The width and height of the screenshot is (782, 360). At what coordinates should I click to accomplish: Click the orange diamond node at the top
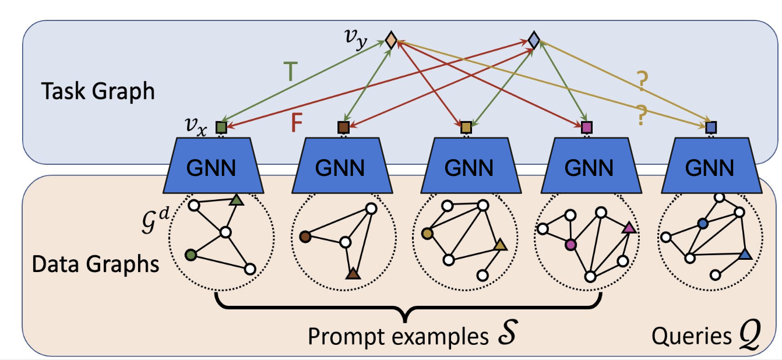click(391, 40)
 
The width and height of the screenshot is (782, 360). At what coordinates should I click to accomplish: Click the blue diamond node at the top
click(533, 40)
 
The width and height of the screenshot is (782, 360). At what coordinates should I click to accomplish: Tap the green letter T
click(292, 72)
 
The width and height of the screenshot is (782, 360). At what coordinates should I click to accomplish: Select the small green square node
click(221, 126)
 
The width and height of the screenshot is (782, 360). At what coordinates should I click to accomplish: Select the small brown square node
click(343, 126)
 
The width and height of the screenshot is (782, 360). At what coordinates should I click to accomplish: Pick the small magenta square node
click(587, 126)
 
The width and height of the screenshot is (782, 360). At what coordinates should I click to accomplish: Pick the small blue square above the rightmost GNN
click(710, 126)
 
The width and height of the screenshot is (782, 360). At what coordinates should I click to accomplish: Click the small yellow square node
click(466, 126)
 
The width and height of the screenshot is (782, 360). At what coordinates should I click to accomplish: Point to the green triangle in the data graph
click(235, 200)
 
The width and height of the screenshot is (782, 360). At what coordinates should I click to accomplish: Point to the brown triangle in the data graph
click(352, 273)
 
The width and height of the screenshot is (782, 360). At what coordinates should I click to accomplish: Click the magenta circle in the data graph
click(570, 246)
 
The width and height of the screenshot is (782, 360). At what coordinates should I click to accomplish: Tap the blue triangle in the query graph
click(744, 254)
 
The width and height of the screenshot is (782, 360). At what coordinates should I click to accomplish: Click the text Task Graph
click(98, 91)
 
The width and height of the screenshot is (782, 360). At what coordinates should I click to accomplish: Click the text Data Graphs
click(96, 264)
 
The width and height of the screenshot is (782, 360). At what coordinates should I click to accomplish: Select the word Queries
click(689, 336)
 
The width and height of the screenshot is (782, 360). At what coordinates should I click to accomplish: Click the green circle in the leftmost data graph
click(189, 255)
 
